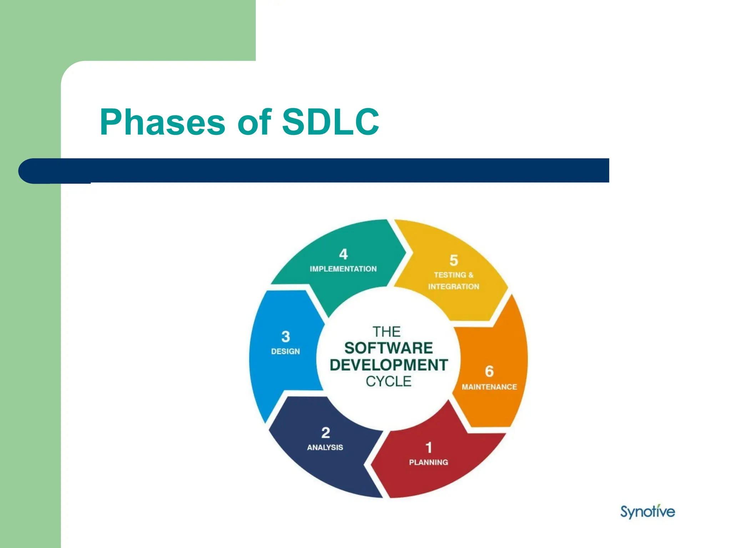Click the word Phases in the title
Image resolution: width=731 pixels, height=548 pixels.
[x=162, y=122]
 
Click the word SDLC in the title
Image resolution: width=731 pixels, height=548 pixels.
[x=330, y=122]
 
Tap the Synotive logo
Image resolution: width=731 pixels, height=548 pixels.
[x=647, y=512]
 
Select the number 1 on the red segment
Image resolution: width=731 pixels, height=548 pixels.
[x=429, y=447]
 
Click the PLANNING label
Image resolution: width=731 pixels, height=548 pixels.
[x=428, y=462]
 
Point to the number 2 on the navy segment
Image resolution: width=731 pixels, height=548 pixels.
[x=325, y=433]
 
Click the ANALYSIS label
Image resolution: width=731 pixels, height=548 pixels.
[x=325, y=447]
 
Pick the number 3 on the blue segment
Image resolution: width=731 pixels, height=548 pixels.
[x=286, y=336]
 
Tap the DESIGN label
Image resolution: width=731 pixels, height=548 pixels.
[x=286, y=351]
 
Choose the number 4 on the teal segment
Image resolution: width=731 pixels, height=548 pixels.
[x=343, y=254]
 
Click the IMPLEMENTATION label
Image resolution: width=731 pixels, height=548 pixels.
[x=343, y=269]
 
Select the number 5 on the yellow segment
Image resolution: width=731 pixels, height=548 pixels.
[x=454, y=260]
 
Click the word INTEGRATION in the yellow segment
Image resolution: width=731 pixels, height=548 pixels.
[x=454, y=286]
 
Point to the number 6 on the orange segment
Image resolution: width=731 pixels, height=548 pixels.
[x=489, y=371]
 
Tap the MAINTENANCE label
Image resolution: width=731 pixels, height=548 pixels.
[x=489, y=387]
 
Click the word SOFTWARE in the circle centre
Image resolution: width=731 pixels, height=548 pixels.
[x=388, y=348]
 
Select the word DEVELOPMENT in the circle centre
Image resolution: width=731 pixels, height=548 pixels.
[x=388, y=365]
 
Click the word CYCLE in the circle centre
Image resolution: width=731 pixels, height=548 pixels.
[x=388, y=382]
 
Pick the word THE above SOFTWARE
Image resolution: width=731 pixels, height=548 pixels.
[x=387, y=332]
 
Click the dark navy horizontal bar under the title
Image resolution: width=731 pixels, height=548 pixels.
[x=321, y=171]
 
